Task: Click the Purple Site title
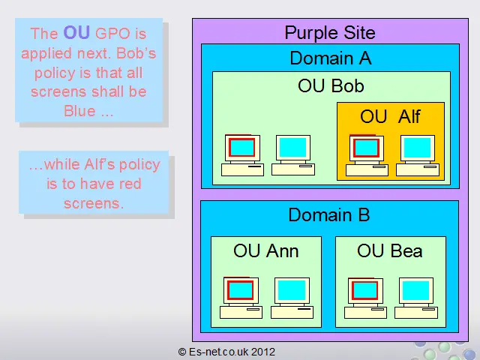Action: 330,33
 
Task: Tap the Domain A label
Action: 331,58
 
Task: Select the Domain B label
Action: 329,215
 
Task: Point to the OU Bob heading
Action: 331,85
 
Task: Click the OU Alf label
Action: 390,117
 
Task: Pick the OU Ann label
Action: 265,251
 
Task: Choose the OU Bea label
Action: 390,251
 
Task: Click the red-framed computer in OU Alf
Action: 367,155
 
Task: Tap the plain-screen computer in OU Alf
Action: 418,155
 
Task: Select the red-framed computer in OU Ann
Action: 241,298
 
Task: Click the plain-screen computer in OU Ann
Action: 292,298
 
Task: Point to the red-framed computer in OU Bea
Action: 365,298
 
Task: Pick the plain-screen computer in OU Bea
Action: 416,298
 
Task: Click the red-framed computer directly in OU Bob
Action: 242,155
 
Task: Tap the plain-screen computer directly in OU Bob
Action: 293,155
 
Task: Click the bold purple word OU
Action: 76,32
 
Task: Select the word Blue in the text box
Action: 79,111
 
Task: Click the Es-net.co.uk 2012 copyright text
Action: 226,352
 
